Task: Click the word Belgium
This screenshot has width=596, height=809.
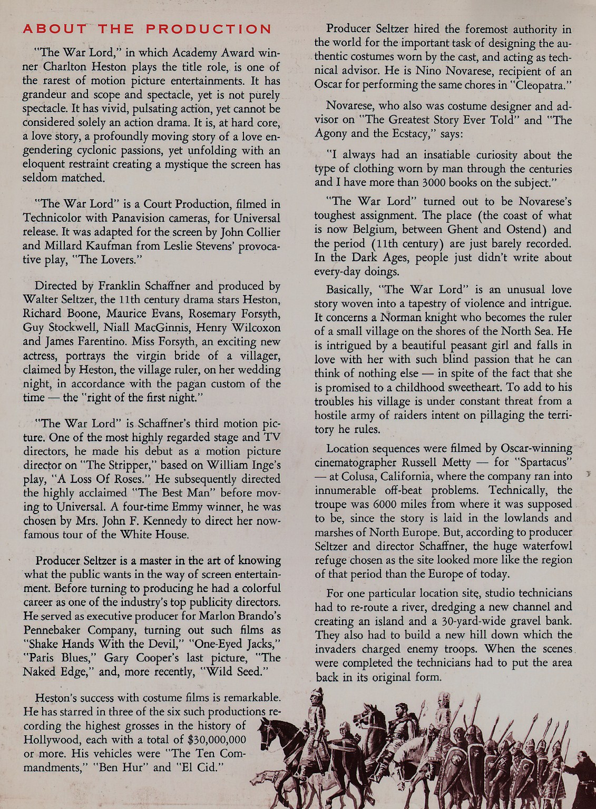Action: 369,229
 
